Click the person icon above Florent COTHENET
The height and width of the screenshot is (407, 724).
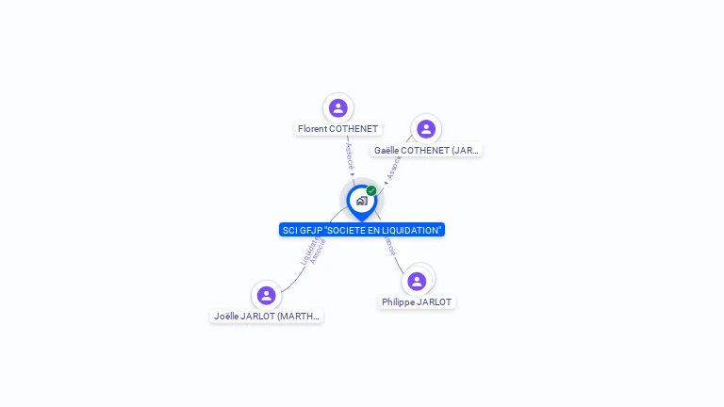338,108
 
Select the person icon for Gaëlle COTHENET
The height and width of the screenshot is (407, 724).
426,129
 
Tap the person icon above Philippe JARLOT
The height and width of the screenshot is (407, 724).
417,281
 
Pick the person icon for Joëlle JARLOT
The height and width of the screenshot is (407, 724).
267,295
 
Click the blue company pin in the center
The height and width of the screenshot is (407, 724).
361,202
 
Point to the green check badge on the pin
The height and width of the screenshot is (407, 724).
371,190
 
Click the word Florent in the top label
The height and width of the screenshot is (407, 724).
312,129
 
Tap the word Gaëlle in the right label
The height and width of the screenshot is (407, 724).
389,151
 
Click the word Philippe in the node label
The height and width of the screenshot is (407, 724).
398,302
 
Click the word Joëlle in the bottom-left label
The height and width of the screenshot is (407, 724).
227,317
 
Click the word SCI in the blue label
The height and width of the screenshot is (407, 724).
290,230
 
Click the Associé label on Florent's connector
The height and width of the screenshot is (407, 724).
349,155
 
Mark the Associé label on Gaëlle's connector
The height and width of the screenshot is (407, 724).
394,168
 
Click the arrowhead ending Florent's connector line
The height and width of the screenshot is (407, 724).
352,174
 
